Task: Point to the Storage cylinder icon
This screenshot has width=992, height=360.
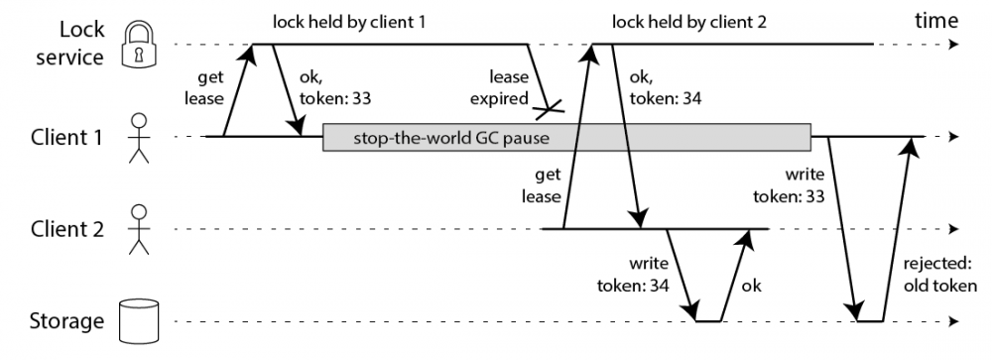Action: point(139,320)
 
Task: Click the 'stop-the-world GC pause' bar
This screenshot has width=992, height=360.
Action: point(566,137)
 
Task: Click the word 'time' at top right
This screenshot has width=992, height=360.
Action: point(935,20)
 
